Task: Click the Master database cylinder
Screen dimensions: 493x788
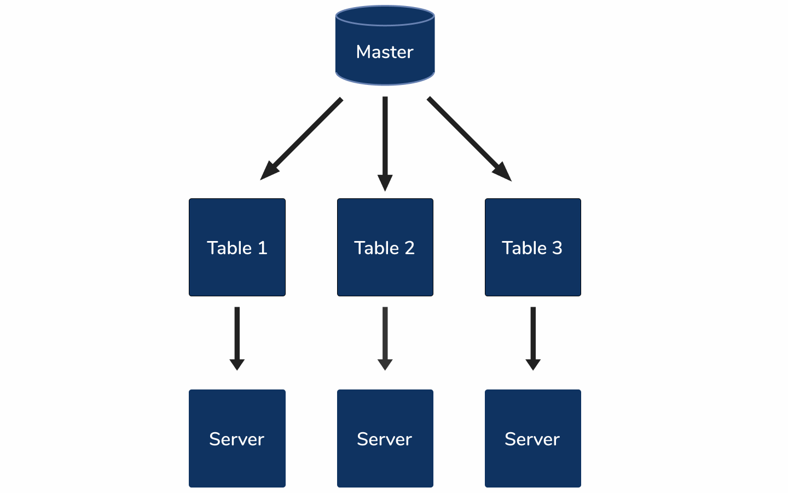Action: pyautogui.click(x=385, y=60)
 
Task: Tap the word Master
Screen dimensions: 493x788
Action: pyautogui.click(x=385, y=52)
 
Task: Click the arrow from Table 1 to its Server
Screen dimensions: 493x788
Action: pyautogui.click(x=237, y=334)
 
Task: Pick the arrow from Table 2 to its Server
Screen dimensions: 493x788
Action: pyautogui.click(x=385, y=334)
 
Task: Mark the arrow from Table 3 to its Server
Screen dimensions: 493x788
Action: pyautogui.click(x=532, y=334)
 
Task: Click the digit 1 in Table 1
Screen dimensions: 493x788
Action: pyautogui.click(x=262, y=248)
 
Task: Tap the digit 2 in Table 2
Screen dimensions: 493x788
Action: pyautogui.click(x=409, y=248)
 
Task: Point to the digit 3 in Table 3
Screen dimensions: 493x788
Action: pyautogui.click(x=557, y=248)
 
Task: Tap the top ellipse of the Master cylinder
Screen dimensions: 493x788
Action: pyautogui.click(x=385, y=15)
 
